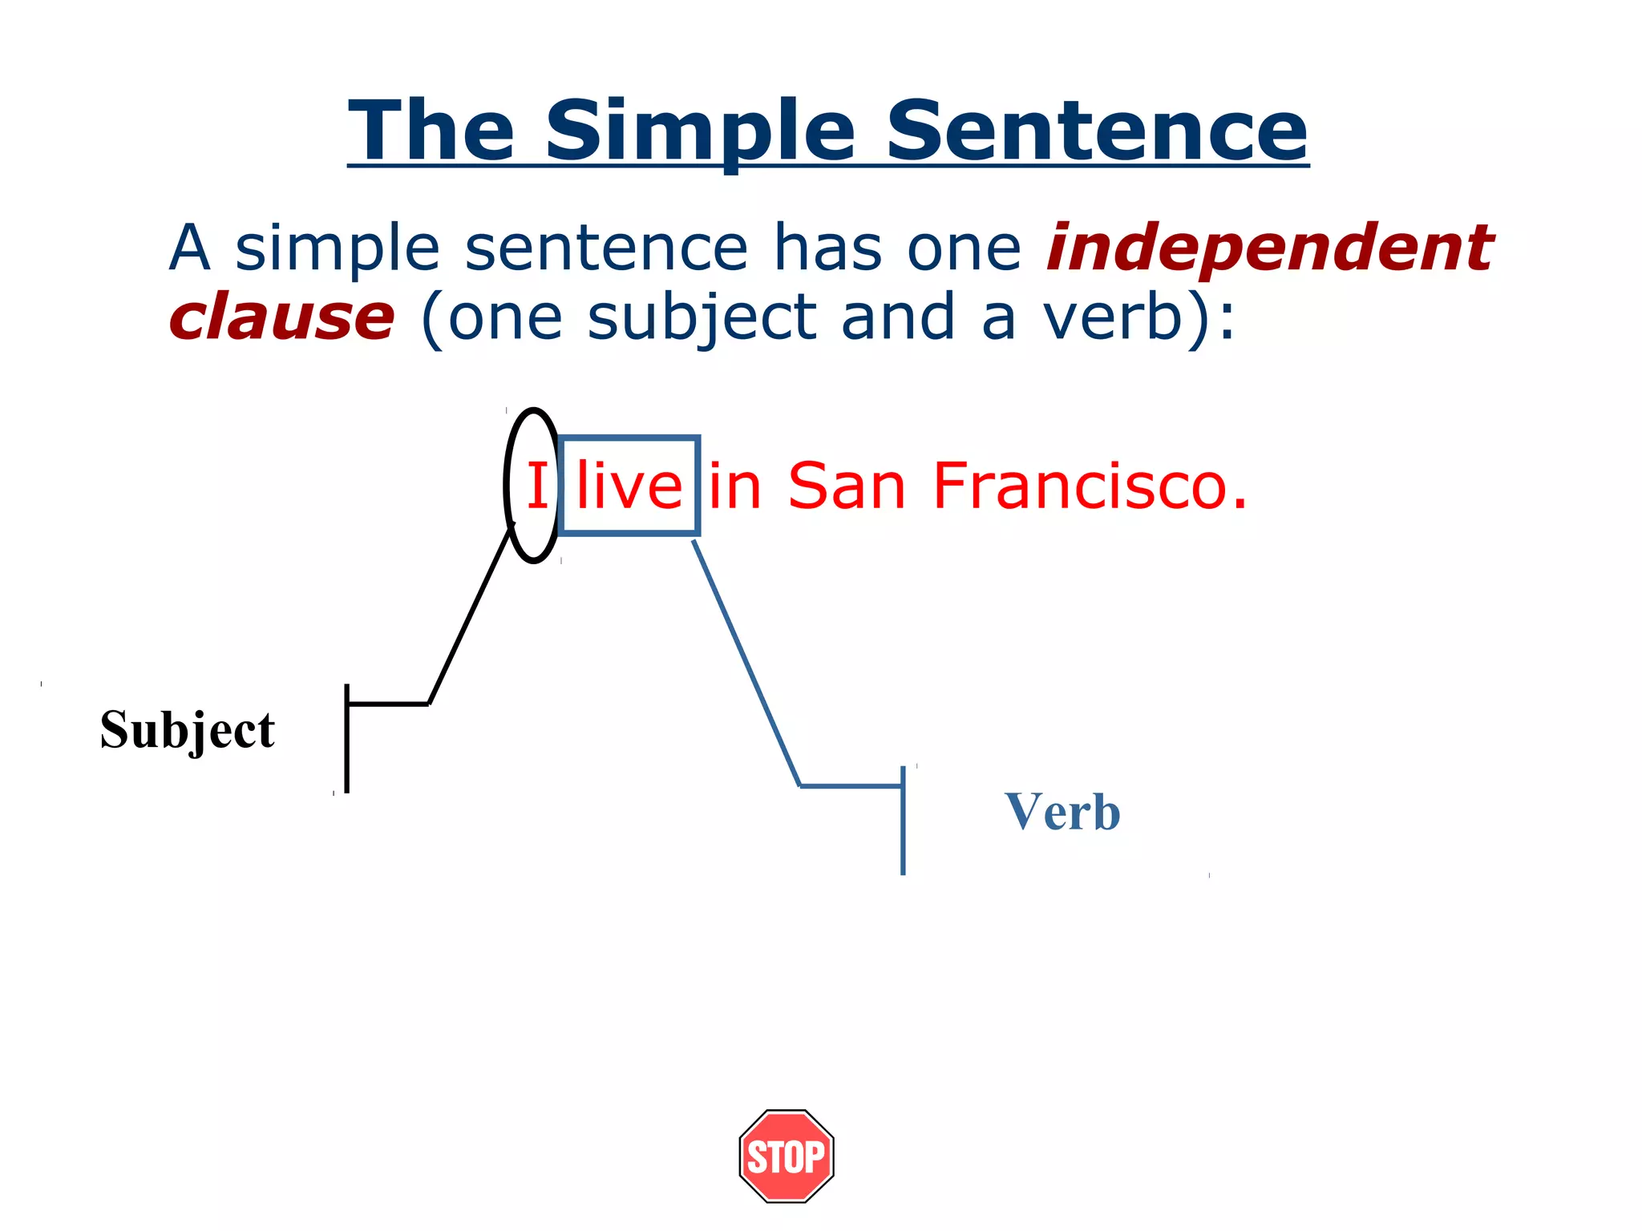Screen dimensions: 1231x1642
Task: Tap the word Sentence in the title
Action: click(x=1097, y=131)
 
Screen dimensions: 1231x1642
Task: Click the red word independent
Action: click(x=1270, y=248)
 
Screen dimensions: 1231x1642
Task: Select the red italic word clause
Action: click(x=281, y=317)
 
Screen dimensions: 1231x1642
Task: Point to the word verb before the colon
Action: click(x=1114, y=317)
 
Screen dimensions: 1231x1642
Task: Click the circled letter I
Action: click(x=536, y=486)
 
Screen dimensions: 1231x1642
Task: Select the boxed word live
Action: click(x=629, y=486)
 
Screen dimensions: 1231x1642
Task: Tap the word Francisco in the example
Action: click(x=1090, y=486)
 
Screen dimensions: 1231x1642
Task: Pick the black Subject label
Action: click(x=188, y=730)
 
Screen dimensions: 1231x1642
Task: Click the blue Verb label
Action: click(x=1062, y=813)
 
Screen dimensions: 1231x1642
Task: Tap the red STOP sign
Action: click(x=787, y=1156)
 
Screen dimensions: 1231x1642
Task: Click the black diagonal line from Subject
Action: click(x=470, y=615)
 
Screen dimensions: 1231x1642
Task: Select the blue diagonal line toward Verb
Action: click(x=746, y=664)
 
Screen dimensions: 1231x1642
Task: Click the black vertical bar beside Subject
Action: click(x=346, y=738)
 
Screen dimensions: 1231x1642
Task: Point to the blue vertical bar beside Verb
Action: click(x=904, y=820)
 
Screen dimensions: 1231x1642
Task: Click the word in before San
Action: click(x=734, y=486)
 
